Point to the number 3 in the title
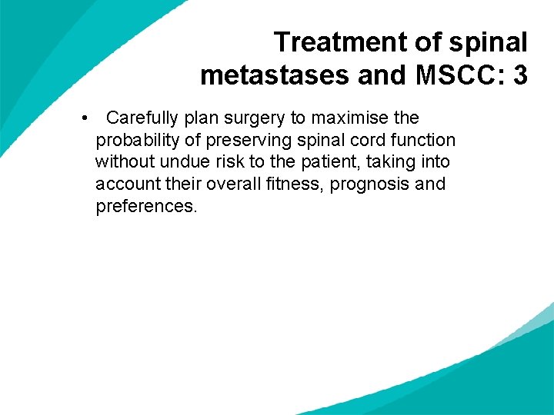point(519,75)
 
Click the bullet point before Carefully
point(82,118)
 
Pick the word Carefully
point(142,118)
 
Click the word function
point(421,140)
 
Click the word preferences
point(146,207)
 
